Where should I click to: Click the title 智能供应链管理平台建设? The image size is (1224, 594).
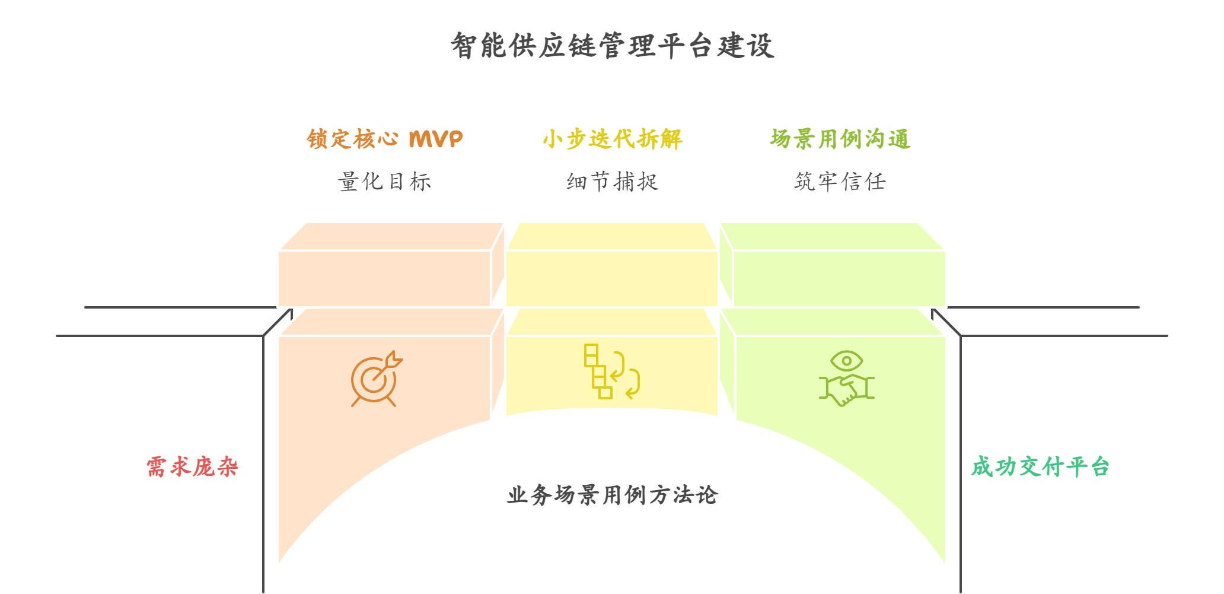pos(613,46)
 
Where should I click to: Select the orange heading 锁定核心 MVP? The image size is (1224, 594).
pos(384,139)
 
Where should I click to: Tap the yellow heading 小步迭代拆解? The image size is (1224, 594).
pos(613,139)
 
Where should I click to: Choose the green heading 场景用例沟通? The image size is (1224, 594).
pos(840,139)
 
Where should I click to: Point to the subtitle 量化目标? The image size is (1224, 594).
pos(384,182)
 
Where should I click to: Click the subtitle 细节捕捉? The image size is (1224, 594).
pos(613,182)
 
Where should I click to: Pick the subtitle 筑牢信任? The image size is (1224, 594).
pos(840,182)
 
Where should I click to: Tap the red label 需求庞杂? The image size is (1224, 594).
pos(192,467)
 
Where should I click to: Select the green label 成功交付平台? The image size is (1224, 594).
pos(1040,467)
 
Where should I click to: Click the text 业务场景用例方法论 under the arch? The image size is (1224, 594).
pos(613,495)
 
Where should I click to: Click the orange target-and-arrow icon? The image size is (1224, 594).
pos(375,380)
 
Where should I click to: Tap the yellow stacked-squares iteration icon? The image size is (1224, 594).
pos(611,371)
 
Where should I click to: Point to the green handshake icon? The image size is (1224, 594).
pos(847,389)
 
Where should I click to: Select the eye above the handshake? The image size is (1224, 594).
pos(847,360)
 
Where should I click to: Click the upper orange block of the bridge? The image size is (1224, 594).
pos(384,278)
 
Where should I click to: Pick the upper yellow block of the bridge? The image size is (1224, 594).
pos(612,278)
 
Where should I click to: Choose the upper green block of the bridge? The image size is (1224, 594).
pos(839,278)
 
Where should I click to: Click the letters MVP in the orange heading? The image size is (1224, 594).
pos(436,139)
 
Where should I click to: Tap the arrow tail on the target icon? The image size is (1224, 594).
pos(394,359)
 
